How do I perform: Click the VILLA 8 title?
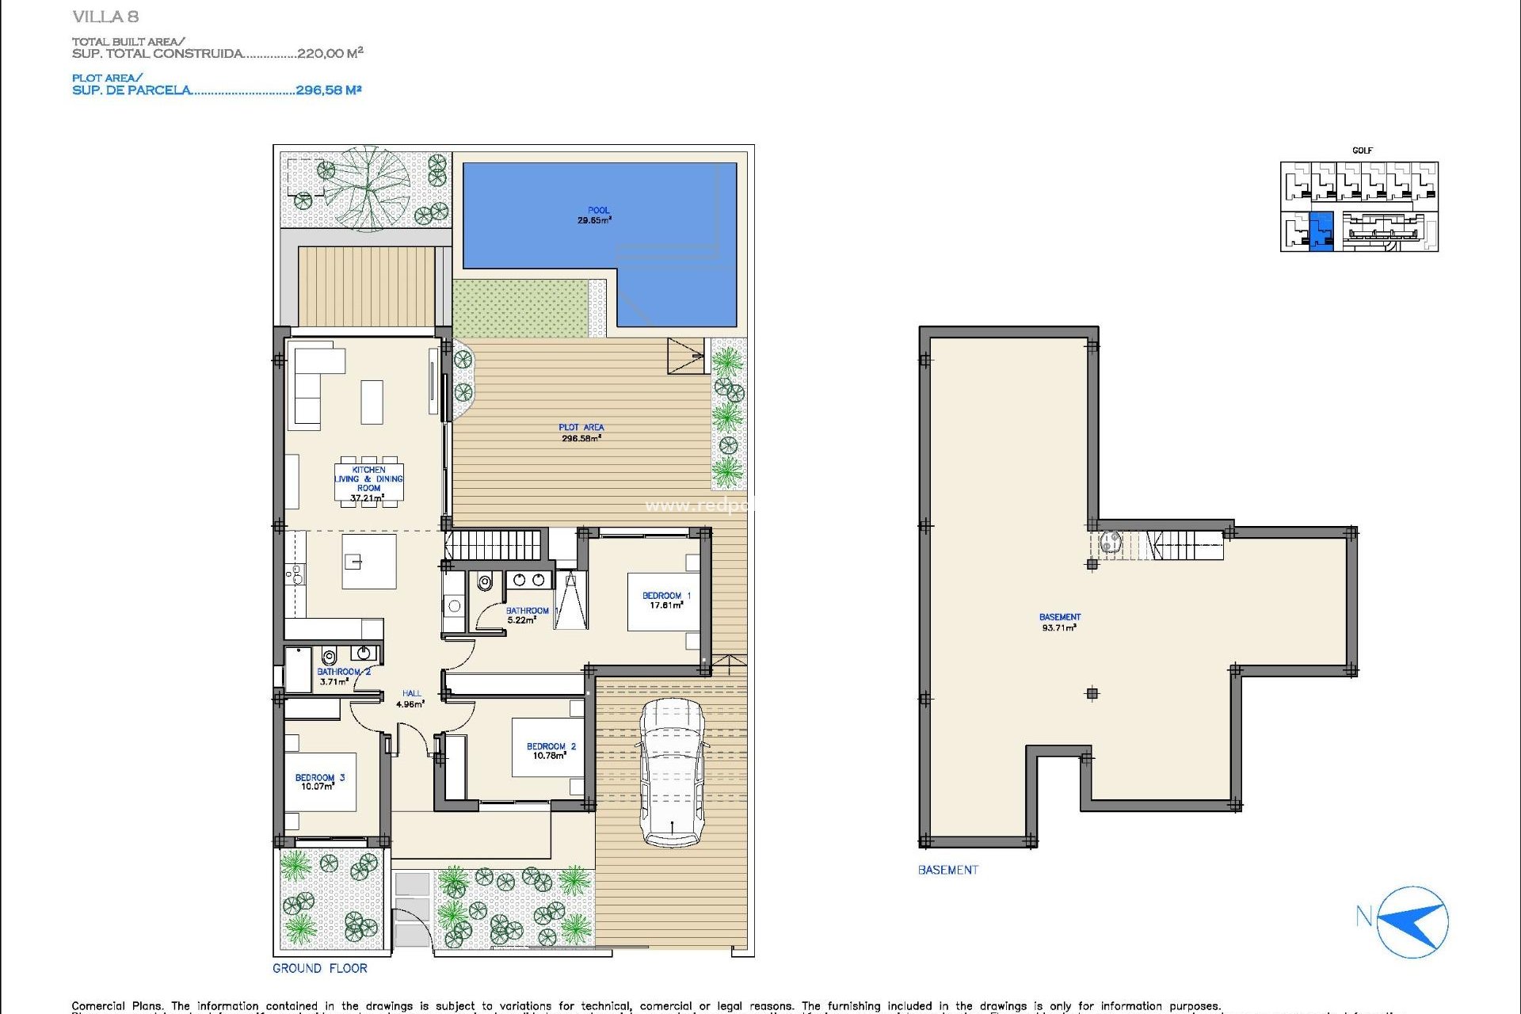pyautogui.click(x=105, y=17)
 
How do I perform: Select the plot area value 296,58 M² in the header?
pyautogui.click(x=328, y=90)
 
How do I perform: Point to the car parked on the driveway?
pyautogui.click(x=672, y=772)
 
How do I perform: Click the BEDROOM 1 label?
pyautogui.click(x=665, y=597)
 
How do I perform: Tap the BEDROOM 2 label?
pyautogui.click(x=551, y=747)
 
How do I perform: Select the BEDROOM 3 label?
pyautogui.click(x=319, y=778)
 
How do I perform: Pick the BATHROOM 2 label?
pyautogui.click(x=343, y=673)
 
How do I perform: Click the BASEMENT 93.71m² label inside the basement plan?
pyautogui.click(x=1059, y=622)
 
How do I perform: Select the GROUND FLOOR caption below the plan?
pyautogui.click(x=320, y=968)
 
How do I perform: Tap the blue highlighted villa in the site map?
pyautogui.click(x=1321, y=231)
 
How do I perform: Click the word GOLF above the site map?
pyautogui.click(x=1362, y=151)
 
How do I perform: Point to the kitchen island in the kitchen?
pyautogui.click(x=368, y=562)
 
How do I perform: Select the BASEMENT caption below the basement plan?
pyautogui.click(x=947, y=870)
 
